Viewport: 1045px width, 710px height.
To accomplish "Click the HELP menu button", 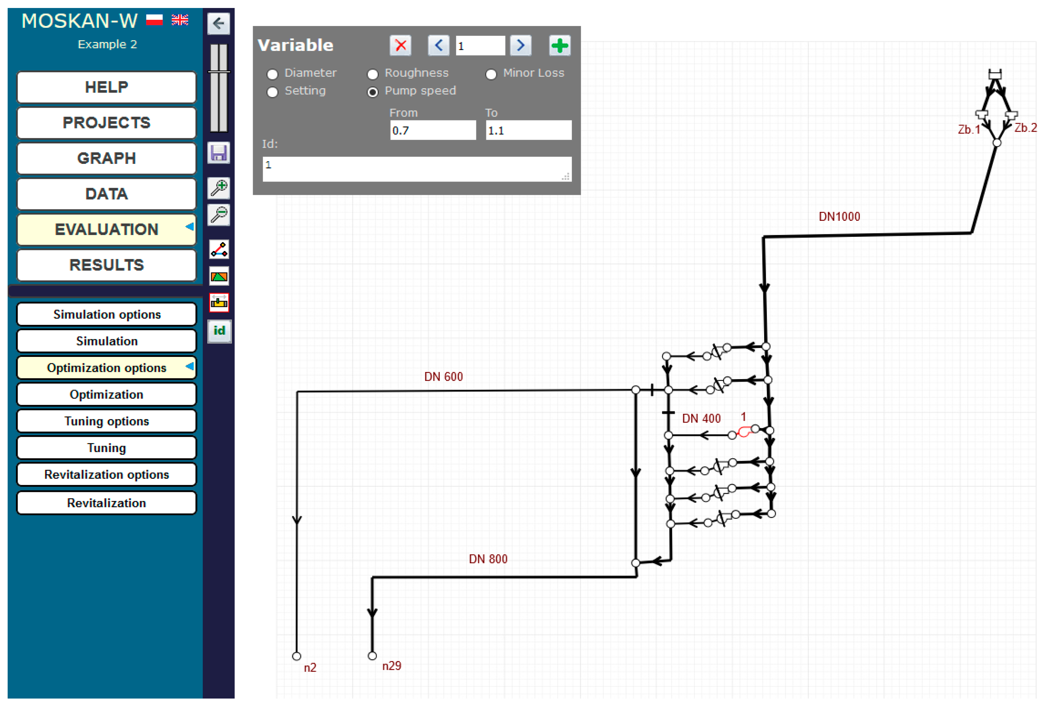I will pos(106,87).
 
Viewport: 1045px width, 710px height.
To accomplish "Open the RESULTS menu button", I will pos(106,265).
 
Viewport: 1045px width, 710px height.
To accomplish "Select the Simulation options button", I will pos(106,314).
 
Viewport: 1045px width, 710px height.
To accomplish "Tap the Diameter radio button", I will pos(273,74).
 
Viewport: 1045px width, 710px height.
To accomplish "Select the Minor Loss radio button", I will pos(491,74).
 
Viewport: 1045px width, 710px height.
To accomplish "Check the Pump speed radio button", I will pos(372,92).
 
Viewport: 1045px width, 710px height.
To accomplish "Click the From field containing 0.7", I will pos(433,131).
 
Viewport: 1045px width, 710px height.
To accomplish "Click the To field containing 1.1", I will pos(528,131).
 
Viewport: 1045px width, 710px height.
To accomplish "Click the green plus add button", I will pos(560,45).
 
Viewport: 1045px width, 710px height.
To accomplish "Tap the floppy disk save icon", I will pos(219,153).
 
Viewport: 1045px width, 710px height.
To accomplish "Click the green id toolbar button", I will pos(219,331).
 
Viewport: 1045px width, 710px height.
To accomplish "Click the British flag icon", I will pos(180,20).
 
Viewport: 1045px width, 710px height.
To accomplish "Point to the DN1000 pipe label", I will pos(839,217).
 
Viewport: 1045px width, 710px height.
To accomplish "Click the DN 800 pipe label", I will pos(488,559).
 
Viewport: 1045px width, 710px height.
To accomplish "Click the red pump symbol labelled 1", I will pos(744,432).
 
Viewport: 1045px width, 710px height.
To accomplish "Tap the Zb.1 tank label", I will pos(969,130).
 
